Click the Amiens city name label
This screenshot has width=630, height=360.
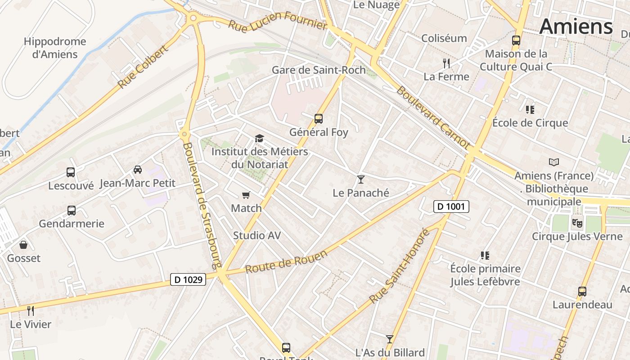point(576,26)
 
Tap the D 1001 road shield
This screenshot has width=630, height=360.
point(451,207)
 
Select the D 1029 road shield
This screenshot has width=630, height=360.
point(189,279)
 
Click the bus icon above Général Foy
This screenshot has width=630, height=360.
point(319,119)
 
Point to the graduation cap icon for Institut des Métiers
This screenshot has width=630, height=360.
point(259,138)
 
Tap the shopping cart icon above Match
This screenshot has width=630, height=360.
point(246,195)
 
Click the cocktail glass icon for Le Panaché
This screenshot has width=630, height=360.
point(360,180)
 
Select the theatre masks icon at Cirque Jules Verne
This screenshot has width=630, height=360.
point(577,222)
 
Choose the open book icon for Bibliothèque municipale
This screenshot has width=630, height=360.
point(554,162)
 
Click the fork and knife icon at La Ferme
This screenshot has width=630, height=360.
point(446,63)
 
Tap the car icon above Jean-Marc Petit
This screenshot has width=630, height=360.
point(137,170)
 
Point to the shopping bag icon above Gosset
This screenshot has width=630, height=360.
point(23,245)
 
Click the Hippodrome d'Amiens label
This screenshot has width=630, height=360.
point(54,48)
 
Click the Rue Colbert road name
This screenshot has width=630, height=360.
point(143,66)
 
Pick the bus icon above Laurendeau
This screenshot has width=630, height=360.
point(582,291)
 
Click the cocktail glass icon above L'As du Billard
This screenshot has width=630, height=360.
point(390,339)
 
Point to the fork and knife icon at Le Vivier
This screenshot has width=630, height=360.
point(30,310)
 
